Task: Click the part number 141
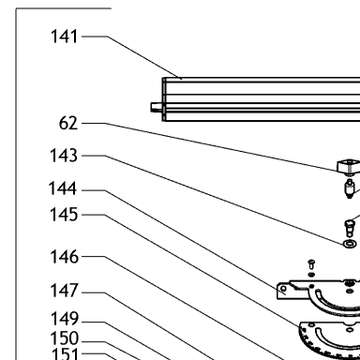64,37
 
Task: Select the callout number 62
68,123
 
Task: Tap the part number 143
64,156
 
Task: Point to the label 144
63,188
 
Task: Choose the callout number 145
64,215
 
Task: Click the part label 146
64,257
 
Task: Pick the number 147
64,291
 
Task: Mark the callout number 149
65,319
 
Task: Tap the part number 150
64,338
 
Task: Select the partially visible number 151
65,354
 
